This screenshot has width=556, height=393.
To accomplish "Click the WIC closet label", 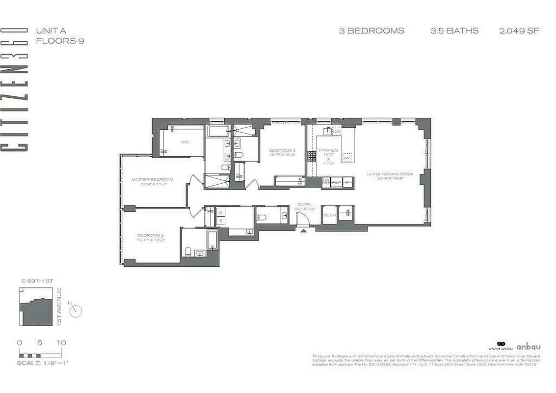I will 185,142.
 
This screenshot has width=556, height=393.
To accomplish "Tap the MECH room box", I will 329,215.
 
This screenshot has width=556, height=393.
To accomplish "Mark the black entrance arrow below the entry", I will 303,229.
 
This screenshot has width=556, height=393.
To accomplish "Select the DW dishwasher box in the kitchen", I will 337,132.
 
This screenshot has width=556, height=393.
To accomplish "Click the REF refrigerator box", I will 336,182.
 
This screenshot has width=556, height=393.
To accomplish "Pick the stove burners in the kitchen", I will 311,156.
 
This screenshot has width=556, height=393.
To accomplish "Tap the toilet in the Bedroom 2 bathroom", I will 188,252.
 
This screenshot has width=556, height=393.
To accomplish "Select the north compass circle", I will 76,310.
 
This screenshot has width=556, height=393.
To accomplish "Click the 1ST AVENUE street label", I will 59,307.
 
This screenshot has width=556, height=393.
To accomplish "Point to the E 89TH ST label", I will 37,281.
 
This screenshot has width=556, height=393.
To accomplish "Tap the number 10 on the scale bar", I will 61,342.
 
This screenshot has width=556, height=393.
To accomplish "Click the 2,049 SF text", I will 519,30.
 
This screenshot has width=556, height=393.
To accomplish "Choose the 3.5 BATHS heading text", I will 454,30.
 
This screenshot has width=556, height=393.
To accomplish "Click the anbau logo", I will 528,346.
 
